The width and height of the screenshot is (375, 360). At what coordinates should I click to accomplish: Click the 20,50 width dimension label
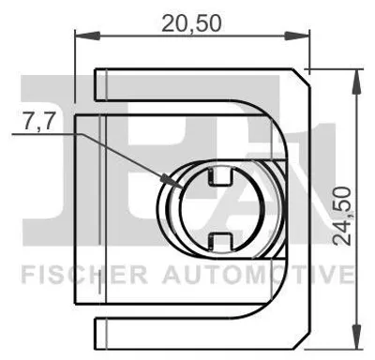pos(191,23)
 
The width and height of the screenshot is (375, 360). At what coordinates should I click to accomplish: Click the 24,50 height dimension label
pos(341,216)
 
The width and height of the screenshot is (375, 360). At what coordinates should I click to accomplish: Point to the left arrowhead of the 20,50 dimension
pos(87,36)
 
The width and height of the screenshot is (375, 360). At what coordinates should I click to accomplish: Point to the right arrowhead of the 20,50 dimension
pos(296,36)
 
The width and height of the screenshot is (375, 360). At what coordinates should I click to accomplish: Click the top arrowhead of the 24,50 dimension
pos(356,82)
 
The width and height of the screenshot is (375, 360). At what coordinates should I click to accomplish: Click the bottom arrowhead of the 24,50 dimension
pos(356,337)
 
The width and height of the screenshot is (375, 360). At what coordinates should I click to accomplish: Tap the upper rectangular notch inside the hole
pos(220,176)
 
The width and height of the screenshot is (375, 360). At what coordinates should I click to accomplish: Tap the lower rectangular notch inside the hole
pos(220,242)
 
